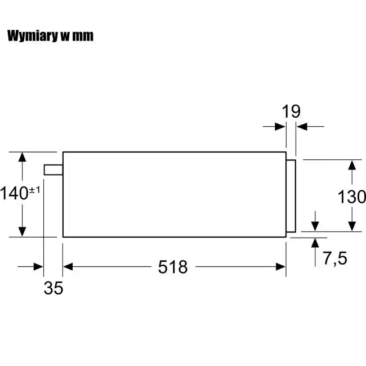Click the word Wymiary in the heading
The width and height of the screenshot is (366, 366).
point(33,36)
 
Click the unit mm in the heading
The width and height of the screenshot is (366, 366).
point(83,37)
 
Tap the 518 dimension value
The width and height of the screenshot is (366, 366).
point(173,267)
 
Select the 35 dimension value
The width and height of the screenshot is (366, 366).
point(53,288)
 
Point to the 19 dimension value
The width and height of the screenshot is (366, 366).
point(291,111)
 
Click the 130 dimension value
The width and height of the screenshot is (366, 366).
point(352,197)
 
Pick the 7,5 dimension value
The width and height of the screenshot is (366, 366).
point(335,258)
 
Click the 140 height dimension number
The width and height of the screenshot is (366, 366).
point(14,193)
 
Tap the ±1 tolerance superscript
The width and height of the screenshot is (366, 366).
point(34,190)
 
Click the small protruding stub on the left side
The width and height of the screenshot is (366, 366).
point(53,169)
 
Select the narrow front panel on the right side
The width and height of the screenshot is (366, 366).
point(291,196)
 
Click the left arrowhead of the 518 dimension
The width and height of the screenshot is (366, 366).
point(68,266)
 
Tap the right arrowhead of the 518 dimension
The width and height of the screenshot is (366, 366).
point(281,266)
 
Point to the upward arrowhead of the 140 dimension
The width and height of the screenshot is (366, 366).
point(22,157)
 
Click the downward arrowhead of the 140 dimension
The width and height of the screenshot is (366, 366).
point(22,232)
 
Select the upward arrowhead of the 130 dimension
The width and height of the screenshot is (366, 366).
point(352,165)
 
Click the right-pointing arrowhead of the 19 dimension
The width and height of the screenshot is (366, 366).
point(280,127)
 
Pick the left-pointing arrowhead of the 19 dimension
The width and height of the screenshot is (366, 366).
point(302,127)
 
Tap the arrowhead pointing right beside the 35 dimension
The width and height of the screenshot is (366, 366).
point(38,266)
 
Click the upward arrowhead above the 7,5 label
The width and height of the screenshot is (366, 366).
point(315,243)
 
